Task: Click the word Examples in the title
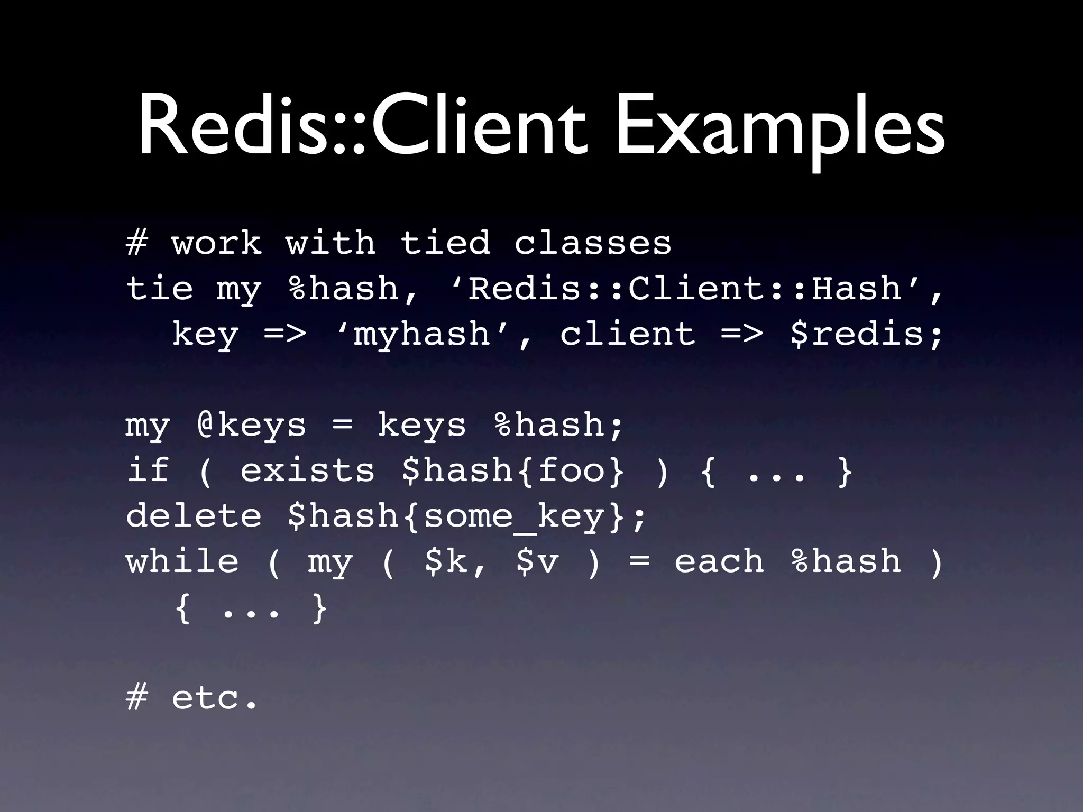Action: point(780,130)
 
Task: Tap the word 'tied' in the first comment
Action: point(445,243)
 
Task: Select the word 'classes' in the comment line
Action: point(593,243)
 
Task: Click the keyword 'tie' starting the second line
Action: point(159,289)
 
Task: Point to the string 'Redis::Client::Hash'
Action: point(685,289)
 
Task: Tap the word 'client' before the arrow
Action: point(627,334)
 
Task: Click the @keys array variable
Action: point(251,425)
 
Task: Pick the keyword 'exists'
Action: point(307,470)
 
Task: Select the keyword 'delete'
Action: point(194,515)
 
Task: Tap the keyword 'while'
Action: point(182,561)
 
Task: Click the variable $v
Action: point(537,562)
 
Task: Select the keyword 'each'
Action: point(719,561)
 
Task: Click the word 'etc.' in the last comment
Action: point(215,698)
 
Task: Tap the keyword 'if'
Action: point(148,470)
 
